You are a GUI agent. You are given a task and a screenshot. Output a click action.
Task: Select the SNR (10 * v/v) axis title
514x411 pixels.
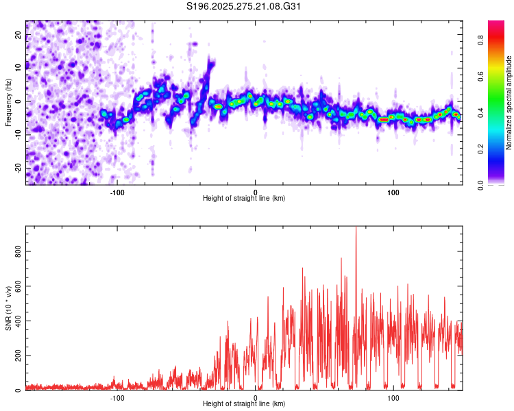(8, 309)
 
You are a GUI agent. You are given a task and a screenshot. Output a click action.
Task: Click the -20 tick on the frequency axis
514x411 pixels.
(19, 168)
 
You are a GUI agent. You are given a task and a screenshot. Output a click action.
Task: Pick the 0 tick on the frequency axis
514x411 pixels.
(19, 101)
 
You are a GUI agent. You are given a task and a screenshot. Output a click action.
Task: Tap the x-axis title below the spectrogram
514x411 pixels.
(245, 198)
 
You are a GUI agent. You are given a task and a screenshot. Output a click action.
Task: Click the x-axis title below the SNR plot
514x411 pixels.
(245, 404)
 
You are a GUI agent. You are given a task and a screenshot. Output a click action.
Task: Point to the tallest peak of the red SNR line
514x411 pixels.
(356, 229)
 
